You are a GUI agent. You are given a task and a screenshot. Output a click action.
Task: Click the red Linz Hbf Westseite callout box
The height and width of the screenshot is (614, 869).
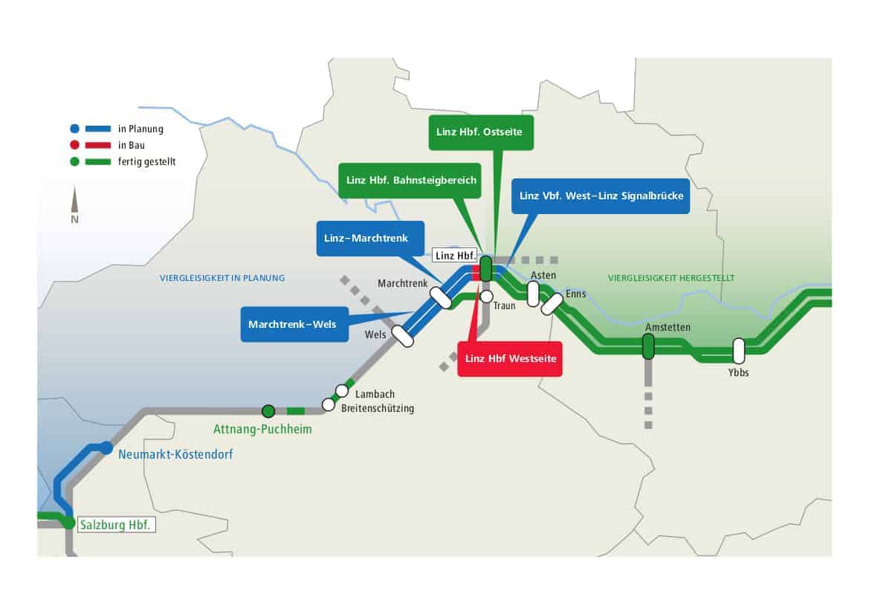pyautogui.click(x=509, y=358)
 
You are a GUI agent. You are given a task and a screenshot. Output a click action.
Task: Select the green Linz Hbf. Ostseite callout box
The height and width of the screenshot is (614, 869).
pyautogui.click(x=481, y=132)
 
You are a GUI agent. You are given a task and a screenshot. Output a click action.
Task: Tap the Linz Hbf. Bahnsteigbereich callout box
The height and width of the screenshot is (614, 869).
pyautogui.click(x=410, y=180)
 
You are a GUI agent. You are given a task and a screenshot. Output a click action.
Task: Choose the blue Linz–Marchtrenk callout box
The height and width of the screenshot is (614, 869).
pyautogui.click(x=370, y=239)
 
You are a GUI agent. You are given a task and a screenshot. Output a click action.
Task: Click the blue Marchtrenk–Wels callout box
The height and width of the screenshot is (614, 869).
pyautogui.click(x=294, y=324)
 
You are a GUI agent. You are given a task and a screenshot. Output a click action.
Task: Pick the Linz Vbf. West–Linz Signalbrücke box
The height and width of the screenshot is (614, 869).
pyautogui.click(x=600, y=195)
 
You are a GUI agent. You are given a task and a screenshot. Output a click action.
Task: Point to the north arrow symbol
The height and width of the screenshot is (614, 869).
pyautogui.click(x=74, y=204)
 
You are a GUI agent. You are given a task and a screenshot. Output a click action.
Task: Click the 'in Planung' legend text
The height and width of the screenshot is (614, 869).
pyautogui.click(x=140, y=129)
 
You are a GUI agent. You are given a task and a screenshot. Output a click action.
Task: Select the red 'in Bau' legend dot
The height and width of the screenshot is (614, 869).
pyautogui.click(x=75, y=145)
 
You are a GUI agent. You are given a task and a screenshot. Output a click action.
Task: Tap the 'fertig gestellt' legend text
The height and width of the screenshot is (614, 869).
pyautogui.click(x=147, y=162)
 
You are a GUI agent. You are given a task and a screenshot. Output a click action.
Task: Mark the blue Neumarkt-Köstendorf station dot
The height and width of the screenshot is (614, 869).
pyautogui.click(x=106, y=447)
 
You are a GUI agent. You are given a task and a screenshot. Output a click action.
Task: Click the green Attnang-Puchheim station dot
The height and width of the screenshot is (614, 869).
pyautogui.click(x=268, y=411)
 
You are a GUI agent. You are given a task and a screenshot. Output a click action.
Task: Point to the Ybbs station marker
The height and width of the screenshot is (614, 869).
pyautogui.click(x=738, y=351)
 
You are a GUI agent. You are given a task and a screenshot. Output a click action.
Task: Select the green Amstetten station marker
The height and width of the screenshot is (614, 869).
pyautogui.click(x=648, y=346)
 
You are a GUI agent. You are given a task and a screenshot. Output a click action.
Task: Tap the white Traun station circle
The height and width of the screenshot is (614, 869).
pyautogui.click(x=486, y=297)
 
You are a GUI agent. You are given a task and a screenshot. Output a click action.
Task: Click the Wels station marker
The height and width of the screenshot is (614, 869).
pyautogui.click(x=403, y=337)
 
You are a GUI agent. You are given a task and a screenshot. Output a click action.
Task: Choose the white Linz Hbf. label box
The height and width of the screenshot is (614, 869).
pyautogui.click(x=454, y=256)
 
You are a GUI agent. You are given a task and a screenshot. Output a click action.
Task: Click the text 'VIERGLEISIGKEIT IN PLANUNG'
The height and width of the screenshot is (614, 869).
pyautogui.click(x=222, y=278)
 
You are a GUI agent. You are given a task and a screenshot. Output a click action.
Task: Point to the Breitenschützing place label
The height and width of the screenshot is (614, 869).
pyautogui.click(x=378, y=408)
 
